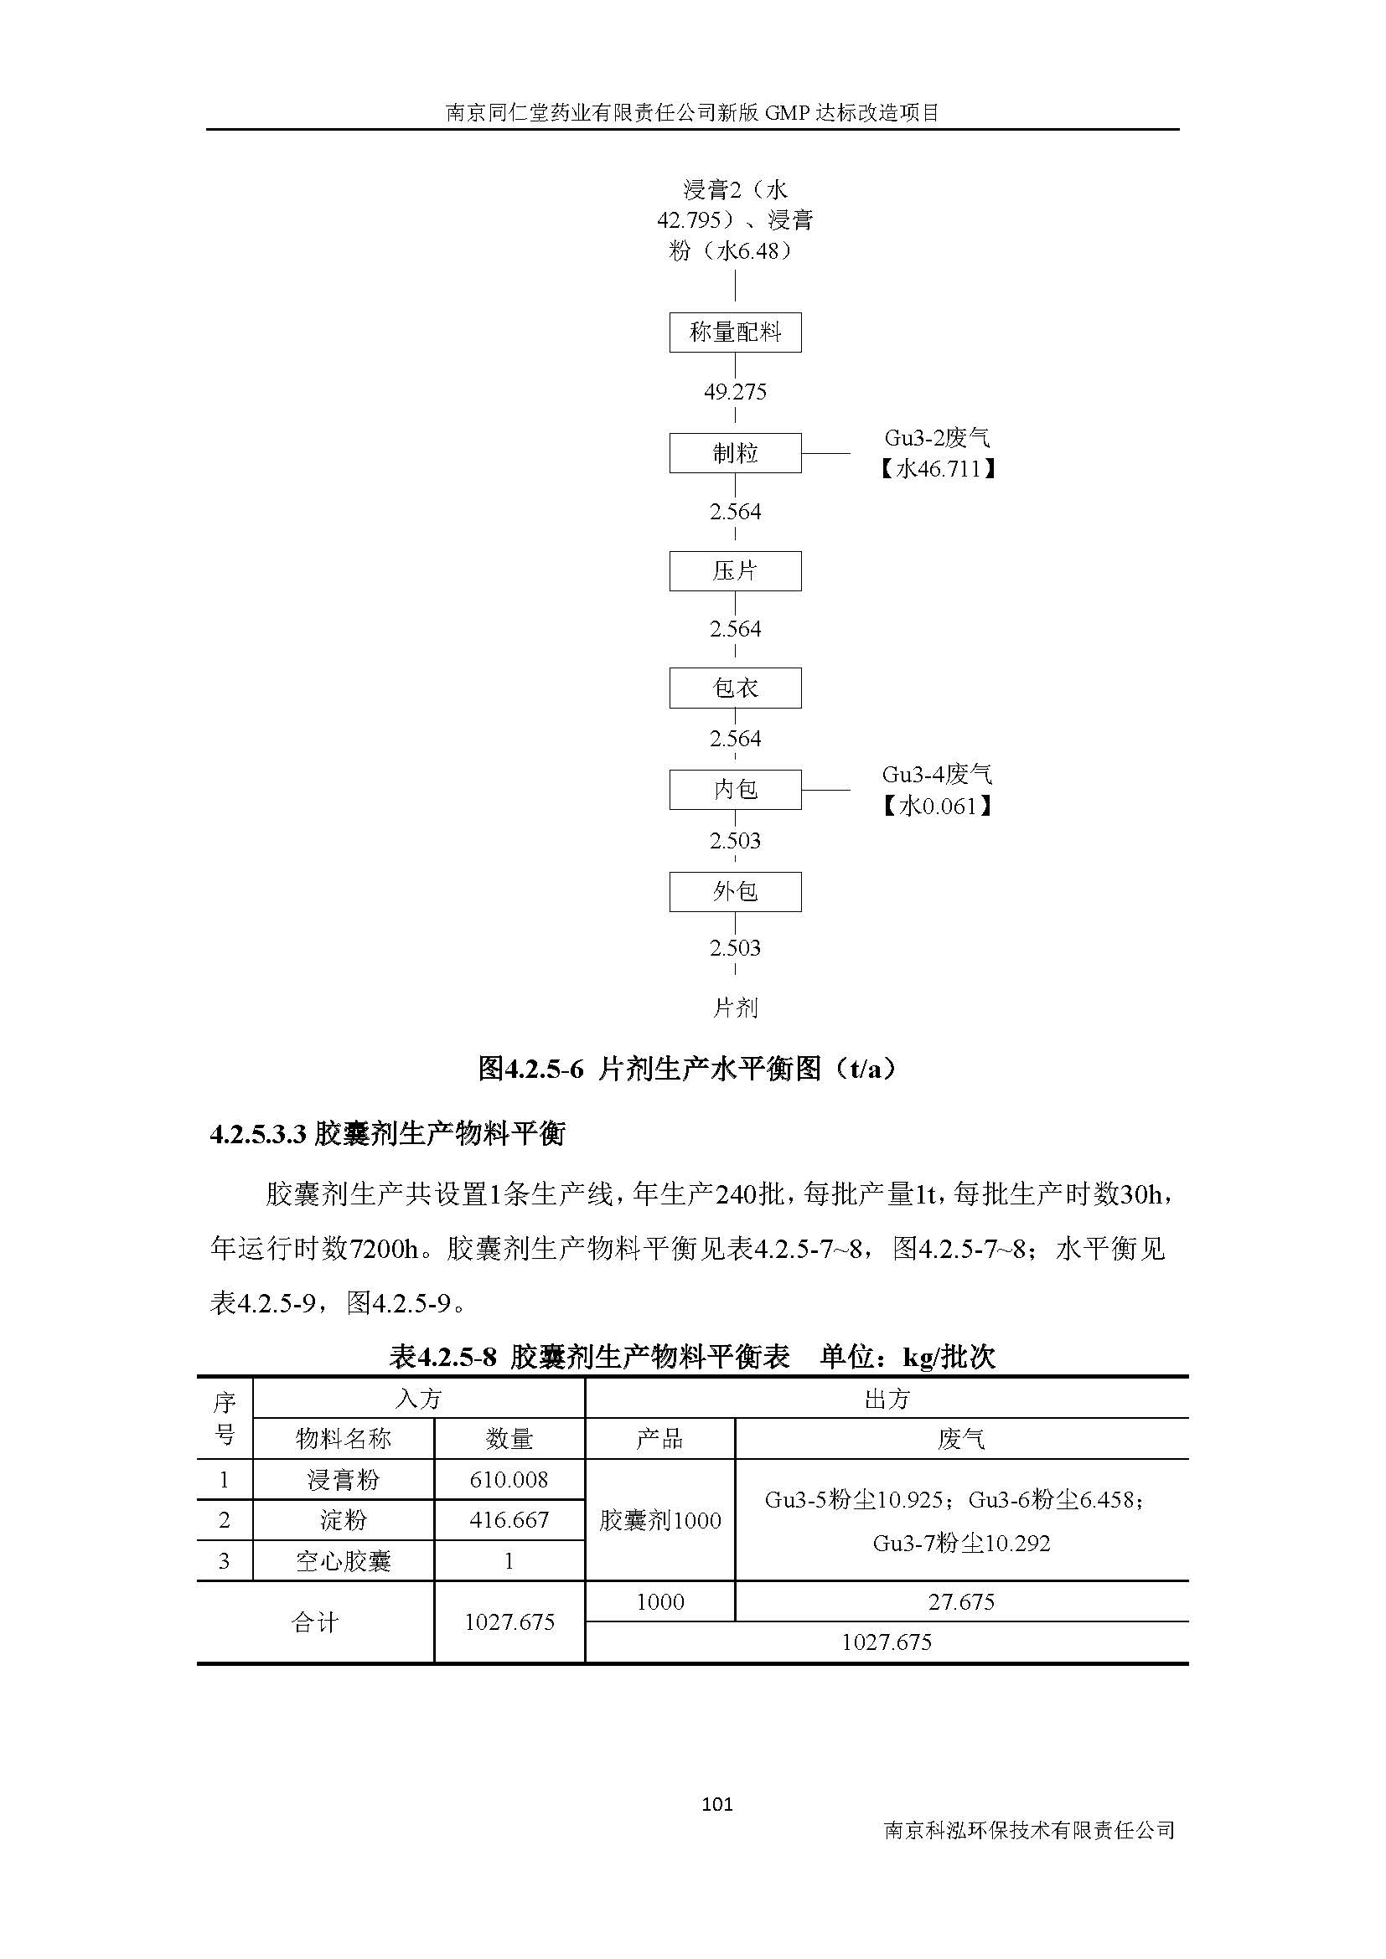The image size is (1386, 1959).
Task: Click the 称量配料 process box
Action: (x=735, y=333)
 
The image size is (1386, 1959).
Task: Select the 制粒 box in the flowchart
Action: (x=735, y=453)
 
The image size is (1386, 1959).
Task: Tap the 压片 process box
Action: (x=735, y=571)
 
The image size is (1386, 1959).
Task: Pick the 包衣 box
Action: (x=735, y=688)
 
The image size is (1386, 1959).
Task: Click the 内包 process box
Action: (x=735, y=789)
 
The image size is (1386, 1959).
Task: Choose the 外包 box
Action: (x=735, y=892)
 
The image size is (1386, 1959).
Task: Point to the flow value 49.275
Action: (x=735, y=392)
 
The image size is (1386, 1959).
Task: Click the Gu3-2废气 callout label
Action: (x=937, y=439)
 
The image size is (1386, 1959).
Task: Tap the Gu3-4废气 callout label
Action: (x=937, y=775)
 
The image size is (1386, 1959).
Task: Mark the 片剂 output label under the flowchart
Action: (x=735, y=1008)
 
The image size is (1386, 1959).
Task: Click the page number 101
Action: (x=717, y=1804)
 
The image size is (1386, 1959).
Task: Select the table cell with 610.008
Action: (x=509, y=1479)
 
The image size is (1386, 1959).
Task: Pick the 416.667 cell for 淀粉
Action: (x=509, y=1519)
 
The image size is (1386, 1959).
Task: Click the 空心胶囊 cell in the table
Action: (x=343, y=1561)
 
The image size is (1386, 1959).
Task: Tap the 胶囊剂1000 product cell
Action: (x=659, y=1520)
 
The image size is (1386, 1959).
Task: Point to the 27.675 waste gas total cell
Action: (x=961, y=1601)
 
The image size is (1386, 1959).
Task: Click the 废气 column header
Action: (x=961, y=1440)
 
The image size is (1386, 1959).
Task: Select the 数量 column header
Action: (x=509, y=1440)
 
